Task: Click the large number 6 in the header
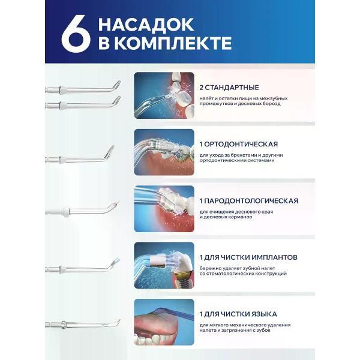coord(76,34)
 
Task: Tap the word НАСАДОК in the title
coord(146,25)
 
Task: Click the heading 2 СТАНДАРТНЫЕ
coord(229,88)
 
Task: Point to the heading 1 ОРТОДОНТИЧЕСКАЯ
coord(239,144)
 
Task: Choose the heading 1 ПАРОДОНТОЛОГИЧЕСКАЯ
coord(248,201)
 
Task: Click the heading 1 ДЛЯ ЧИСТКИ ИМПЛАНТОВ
coord(248,257)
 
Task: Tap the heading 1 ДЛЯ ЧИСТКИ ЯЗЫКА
coord(238,314)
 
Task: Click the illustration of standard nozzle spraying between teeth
coord(164,95)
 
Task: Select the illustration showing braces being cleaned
coord(164,152)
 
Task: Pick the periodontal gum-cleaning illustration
coord(164,209)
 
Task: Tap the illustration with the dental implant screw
coord(164,265)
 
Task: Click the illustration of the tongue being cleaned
coord(164,322)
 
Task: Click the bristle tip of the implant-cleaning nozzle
coord(115,262)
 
